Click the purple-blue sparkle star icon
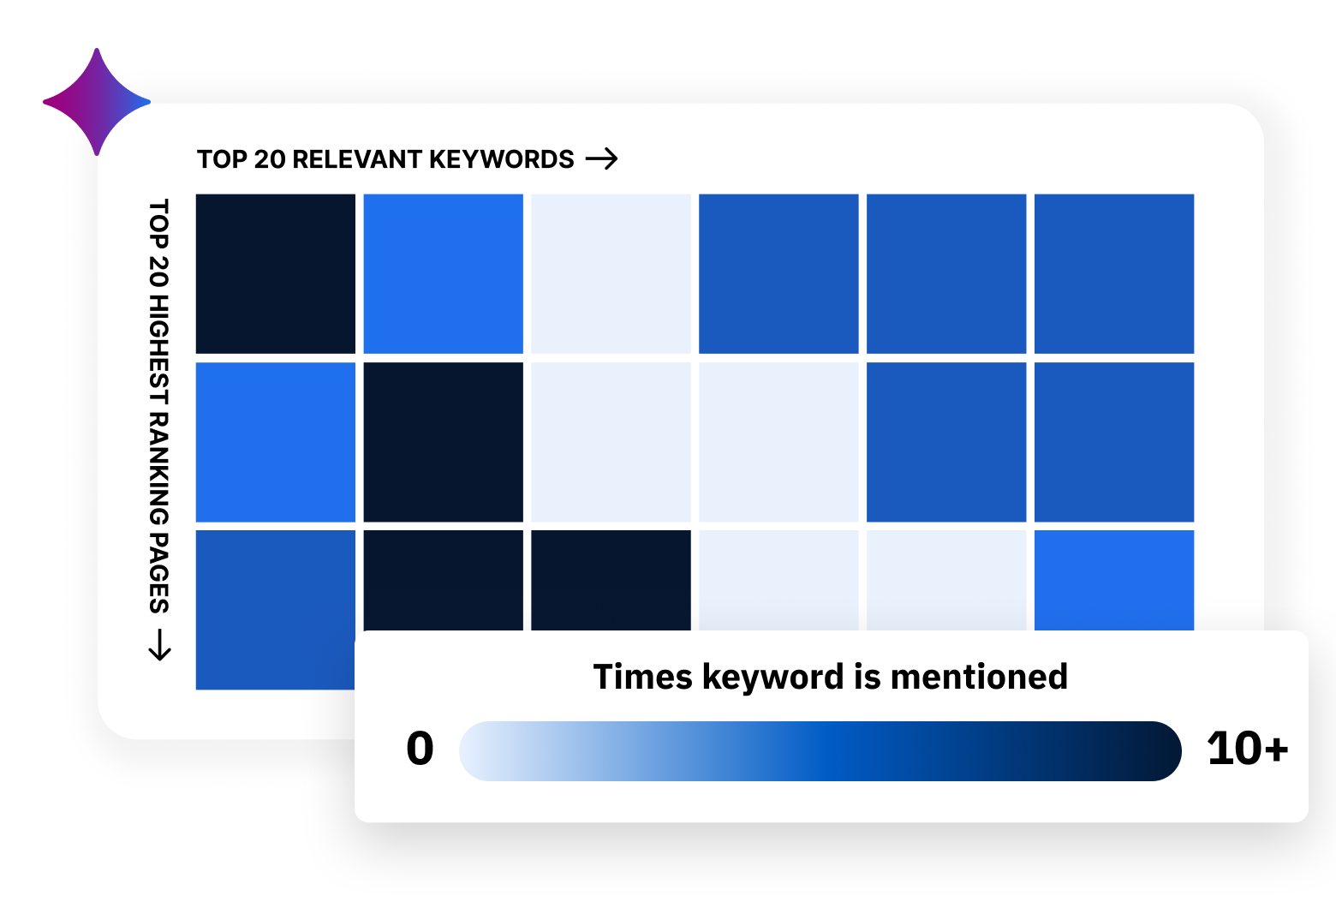click(97, 102)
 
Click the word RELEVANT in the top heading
click(356, 159)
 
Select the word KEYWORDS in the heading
click(501, 159)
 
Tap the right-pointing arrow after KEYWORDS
click(601, 159)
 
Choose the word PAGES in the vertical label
click(159, 573)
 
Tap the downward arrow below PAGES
click(159, 644)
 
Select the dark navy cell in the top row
click(276, 273)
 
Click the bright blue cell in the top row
click(444, 273)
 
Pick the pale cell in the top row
click(611, 273)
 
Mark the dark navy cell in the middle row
click(444, 442)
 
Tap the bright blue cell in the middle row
click(276, 442)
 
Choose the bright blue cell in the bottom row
click(1114, 580)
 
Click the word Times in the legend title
click(642, 677)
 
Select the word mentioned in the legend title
click(979, 677)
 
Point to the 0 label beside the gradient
click(420, 749)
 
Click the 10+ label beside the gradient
click(1247, 749)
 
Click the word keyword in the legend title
click(773, 678)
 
